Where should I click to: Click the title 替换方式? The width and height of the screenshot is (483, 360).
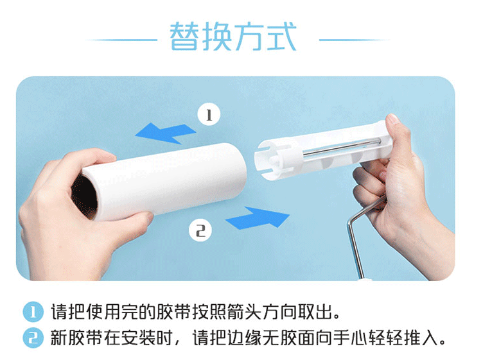pyautogui.click(x=233, y=37)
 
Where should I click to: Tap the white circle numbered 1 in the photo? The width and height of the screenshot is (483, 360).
pyautogui.click(x=209, y=114)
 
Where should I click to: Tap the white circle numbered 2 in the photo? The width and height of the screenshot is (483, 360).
pyautogui.click(x=200, y=230)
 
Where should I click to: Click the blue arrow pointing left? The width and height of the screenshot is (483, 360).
pyautogui.click(x=166, y=133)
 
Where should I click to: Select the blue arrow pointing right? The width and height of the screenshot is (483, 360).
pyautogui.click(x=258, y=218)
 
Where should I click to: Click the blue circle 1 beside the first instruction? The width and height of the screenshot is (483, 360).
pyautogui.click(x=33, y=312)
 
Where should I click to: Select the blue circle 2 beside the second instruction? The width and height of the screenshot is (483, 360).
pyautogui.click(x=33, y=338)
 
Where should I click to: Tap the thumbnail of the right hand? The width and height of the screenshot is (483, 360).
pyautogui.click(x=392, y=119)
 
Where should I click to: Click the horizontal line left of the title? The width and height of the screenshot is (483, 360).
pyautogui.click(x=121, y=40)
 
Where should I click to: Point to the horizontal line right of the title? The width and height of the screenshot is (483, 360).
pyautogui.click(x=355, y=40)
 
